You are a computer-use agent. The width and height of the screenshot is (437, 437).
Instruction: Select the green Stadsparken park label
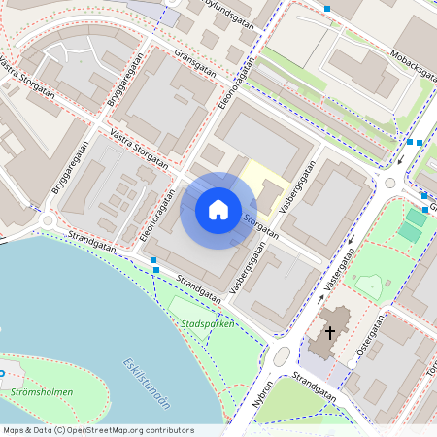208,322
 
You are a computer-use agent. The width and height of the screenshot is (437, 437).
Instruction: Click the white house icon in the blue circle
218,210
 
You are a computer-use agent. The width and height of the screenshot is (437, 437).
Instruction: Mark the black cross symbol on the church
330,333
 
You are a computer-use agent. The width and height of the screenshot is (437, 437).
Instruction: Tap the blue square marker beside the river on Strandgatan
154,260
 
